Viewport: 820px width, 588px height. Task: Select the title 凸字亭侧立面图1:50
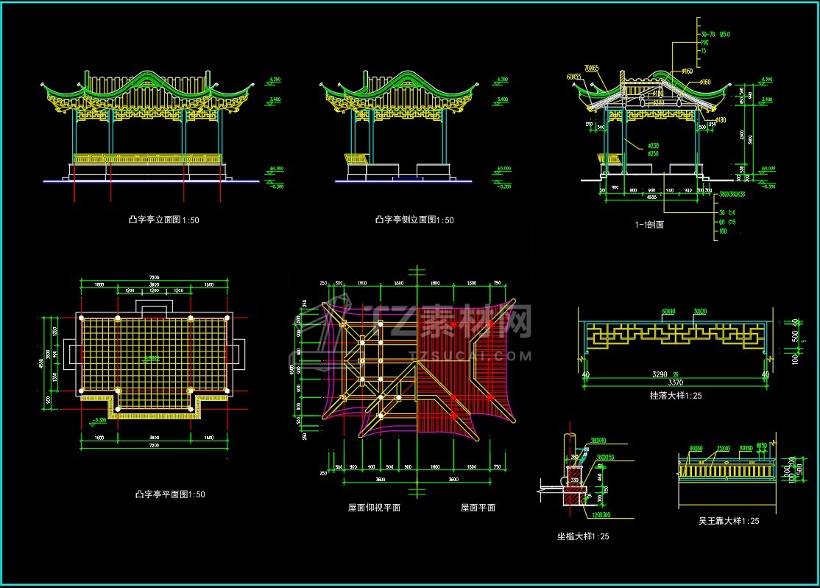414,220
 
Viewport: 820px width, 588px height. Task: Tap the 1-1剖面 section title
648,225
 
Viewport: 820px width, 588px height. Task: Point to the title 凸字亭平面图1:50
166,494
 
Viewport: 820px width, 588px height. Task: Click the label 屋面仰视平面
374,508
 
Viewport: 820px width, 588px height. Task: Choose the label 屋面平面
478,508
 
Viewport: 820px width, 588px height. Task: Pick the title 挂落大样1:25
676,396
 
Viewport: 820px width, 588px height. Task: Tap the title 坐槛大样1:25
583,536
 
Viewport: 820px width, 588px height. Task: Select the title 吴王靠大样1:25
729,521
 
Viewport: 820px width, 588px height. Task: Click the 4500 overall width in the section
652,197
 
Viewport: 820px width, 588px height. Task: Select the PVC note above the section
704,42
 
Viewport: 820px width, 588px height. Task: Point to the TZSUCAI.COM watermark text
488,355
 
